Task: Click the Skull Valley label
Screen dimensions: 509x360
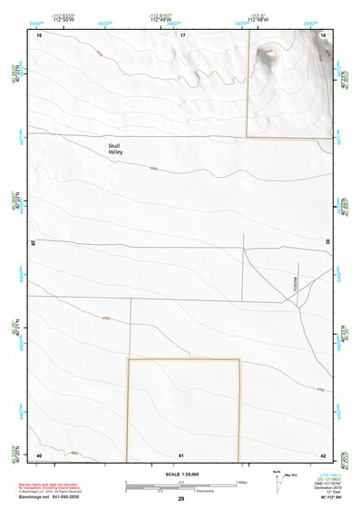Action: pyautogui.click(x=114, y=149)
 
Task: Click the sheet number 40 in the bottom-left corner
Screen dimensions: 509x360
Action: pyautogui.click(x=39, y=454)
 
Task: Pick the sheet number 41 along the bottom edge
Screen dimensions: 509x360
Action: pyautogui.click(x=181, y=454)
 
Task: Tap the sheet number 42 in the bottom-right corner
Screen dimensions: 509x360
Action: pyautogui.click(x=324, y=454)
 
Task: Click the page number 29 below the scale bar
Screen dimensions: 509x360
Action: pyautogui.click(x=181, y=499)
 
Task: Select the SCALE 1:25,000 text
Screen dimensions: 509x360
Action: pyautogui.click(x=181, y=475)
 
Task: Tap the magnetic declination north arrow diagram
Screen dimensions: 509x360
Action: pyautogui.click(x=277, y=481)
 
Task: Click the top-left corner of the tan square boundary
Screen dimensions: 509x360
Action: pyautogui.click(x=128, y=360)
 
